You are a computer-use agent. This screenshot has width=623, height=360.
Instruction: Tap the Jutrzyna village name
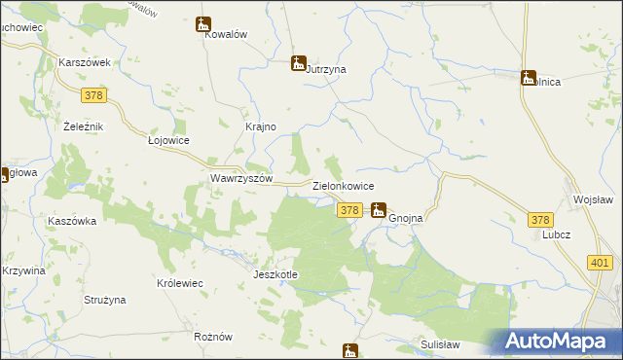(x=327, y=70)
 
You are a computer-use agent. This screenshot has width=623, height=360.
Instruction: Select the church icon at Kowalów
(x=203, y=24)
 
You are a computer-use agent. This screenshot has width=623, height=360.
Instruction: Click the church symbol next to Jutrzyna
(x=299, y=64)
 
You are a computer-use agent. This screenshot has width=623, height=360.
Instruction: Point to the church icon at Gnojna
(x=379, y=209)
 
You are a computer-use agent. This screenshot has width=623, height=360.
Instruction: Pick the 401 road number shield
(x=600, y=262)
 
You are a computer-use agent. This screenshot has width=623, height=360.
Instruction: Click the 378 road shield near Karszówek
(x=93, y=94)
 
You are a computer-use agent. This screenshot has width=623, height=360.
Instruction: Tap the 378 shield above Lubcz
(x=541, y=220)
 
